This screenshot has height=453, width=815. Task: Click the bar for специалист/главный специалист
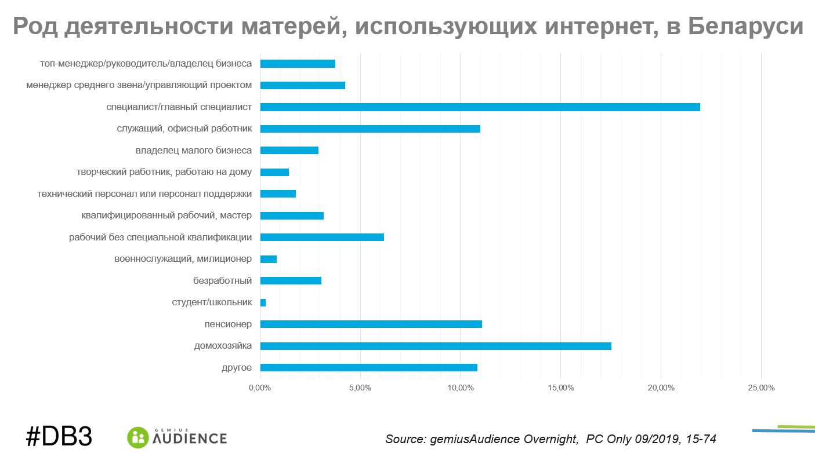point(480,107)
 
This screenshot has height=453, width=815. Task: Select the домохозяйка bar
point(436,346)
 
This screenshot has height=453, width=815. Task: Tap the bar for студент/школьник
point(263,302)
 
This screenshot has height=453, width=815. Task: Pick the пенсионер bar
point(371,324)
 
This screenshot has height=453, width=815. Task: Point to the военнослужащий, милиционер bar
point(269,259)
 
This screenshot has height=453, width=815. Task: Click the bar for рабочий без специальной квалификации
point(322,238)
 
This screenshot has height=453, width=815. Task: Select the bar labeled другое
point(368,368)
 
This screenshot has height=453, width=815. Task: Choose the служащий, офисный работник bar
point(370,129)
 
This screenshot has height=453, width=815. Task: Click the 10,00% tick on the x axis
point(460,388)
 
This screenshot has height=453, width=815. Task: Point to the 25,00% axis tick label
point(760,388)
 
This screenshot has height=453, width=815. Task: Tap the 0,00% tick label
point(260,388)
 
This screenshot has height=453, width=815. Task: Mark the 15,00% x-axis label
point(560,388)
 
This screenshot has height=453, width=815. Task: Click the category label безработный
point(222,281)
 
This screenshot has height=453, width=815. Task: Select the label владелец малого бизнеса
point(194,151)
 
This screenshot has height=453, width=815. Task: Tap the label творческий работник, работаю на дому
point(164,172)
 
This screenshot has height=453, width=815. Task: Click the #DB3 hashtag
point(59,436)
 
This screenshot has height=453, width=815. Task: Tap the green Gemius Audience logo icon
point(138,437)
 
